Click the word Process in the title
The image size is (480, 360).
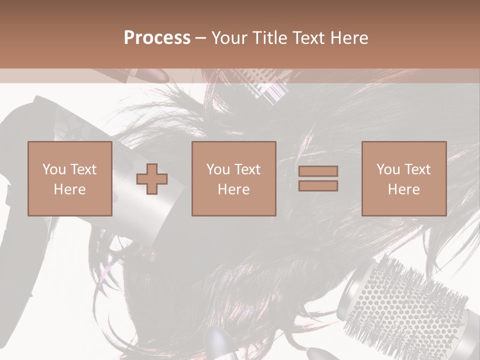157,38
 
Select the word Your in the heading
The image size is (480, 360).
230,38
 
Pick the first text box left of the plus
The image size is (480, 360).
70,178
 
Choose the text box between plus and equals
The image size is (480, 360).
234,178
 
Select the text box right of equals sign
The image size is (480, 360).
404,178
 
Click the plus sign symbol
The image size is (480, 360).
152,178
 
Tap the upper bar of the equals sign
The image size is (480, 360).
318,171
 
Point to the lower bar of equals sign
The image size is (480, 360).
318,185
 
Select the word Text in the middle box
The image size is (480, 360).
247,169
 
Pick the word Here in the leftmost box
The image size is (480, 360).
70,189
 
